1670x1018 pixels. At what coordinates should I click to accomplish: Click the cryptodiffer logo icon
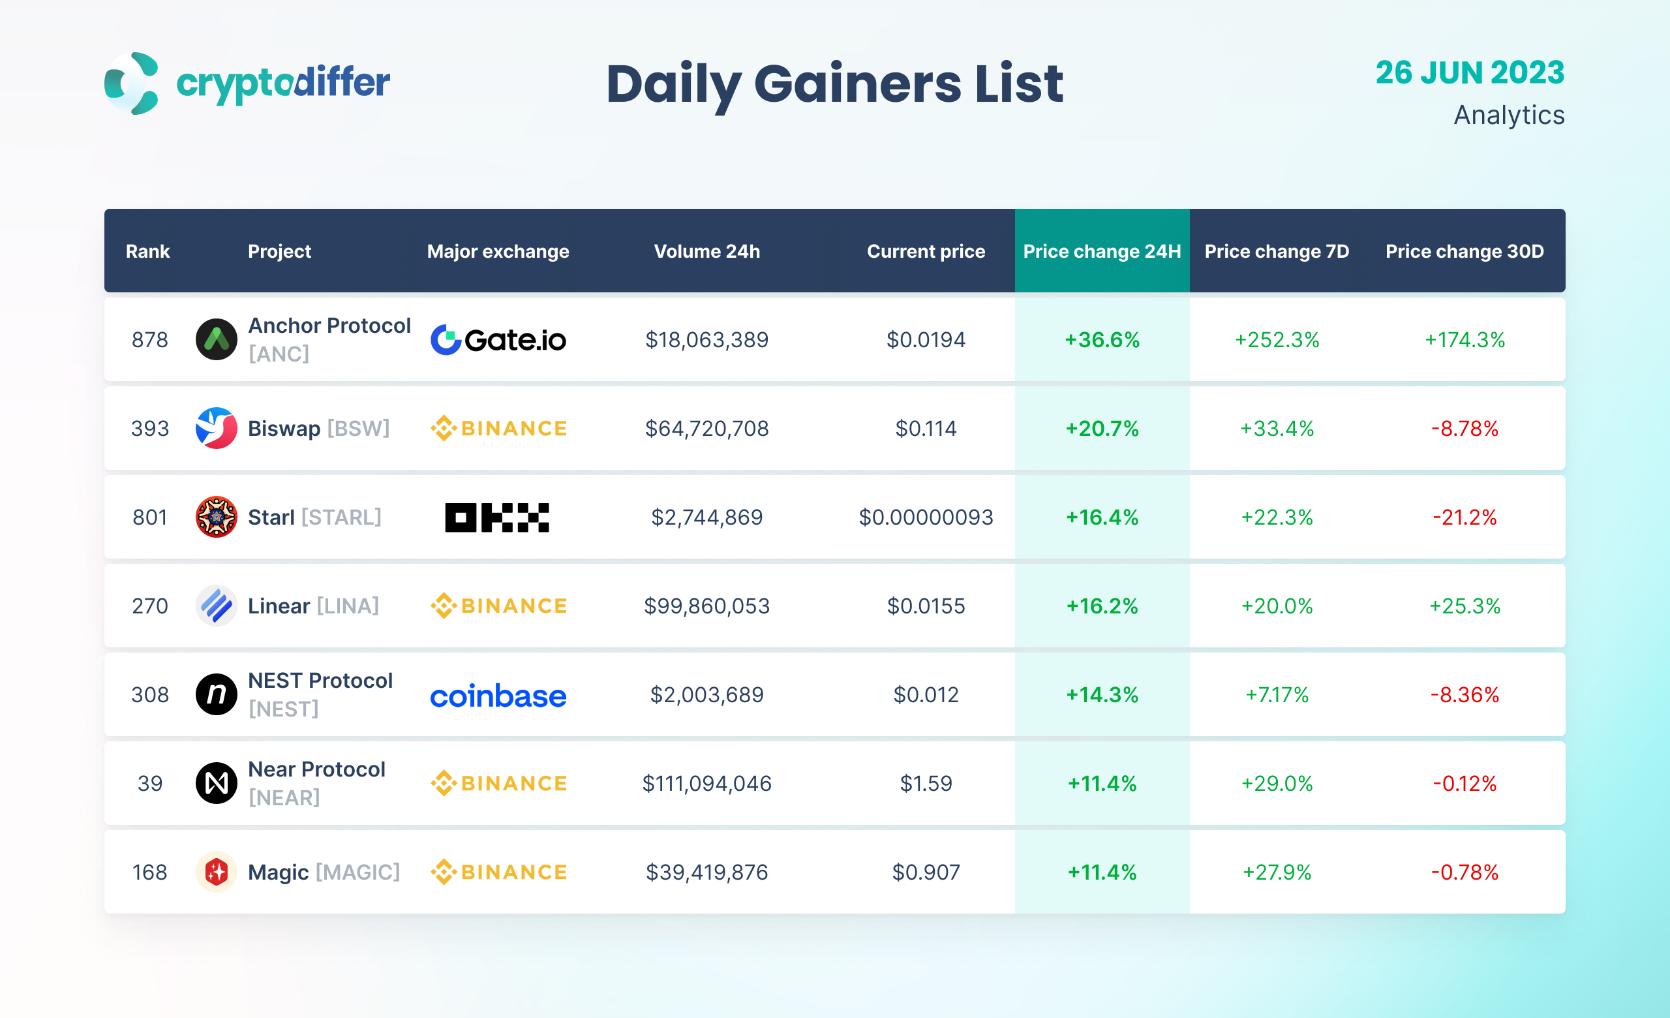[x=132, y=84]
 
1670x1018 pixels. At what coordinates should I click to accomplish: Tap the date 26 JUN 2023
[x=1469, y=72]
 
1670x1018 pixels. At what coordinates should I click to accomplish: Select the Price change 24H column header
[x=1101, y=251]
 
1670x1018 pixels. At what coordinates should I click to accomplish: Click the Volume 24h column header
[x=706, y=251]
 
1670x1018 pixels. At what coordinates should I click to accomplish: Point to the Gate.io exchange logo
[x=498, y=339]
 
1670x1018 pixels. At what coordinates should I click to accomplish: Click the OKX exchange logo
[x=497, y=517]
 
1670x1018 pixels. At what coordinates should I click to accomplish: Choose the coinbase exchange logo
[x=498, y=696]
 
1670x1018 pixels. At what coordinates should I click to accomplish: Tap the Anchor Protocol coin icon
[x=216, y=339]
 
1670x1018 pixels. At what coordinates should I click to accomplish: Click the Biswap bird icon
[x=216, y=428]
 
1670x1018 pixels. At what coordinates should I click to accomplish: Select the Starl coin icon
[x=216, y=517]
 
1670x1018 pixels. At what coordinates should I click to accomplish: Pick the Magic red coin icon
[x=216, y=872]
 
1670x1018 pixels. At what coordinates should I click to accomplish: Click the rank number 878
[x=150, y=339]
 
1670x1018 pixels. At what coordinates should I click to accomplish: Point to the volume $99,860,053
[x=706, y=606]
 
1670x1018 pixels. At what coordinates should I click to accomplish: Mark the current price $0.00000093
[x=926, y=517]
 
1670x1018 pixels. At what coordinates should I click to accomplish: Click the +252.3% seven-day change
[x=1276, y=339]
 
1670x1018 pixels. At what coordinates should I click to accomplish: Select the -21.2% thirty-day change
[x=1464, y=517]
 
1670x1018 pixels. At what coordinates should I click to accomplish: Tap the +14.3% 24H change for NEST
[x=1101, y=695]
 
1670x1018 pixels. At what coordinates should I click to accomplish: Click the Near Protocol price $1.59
[x=926, y=784]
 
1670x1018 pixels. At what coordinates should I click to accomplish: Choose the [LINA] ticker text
[x=348, y=606]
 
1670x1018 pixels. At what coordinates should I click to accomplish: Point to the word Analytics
[x=1509, y=116]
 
